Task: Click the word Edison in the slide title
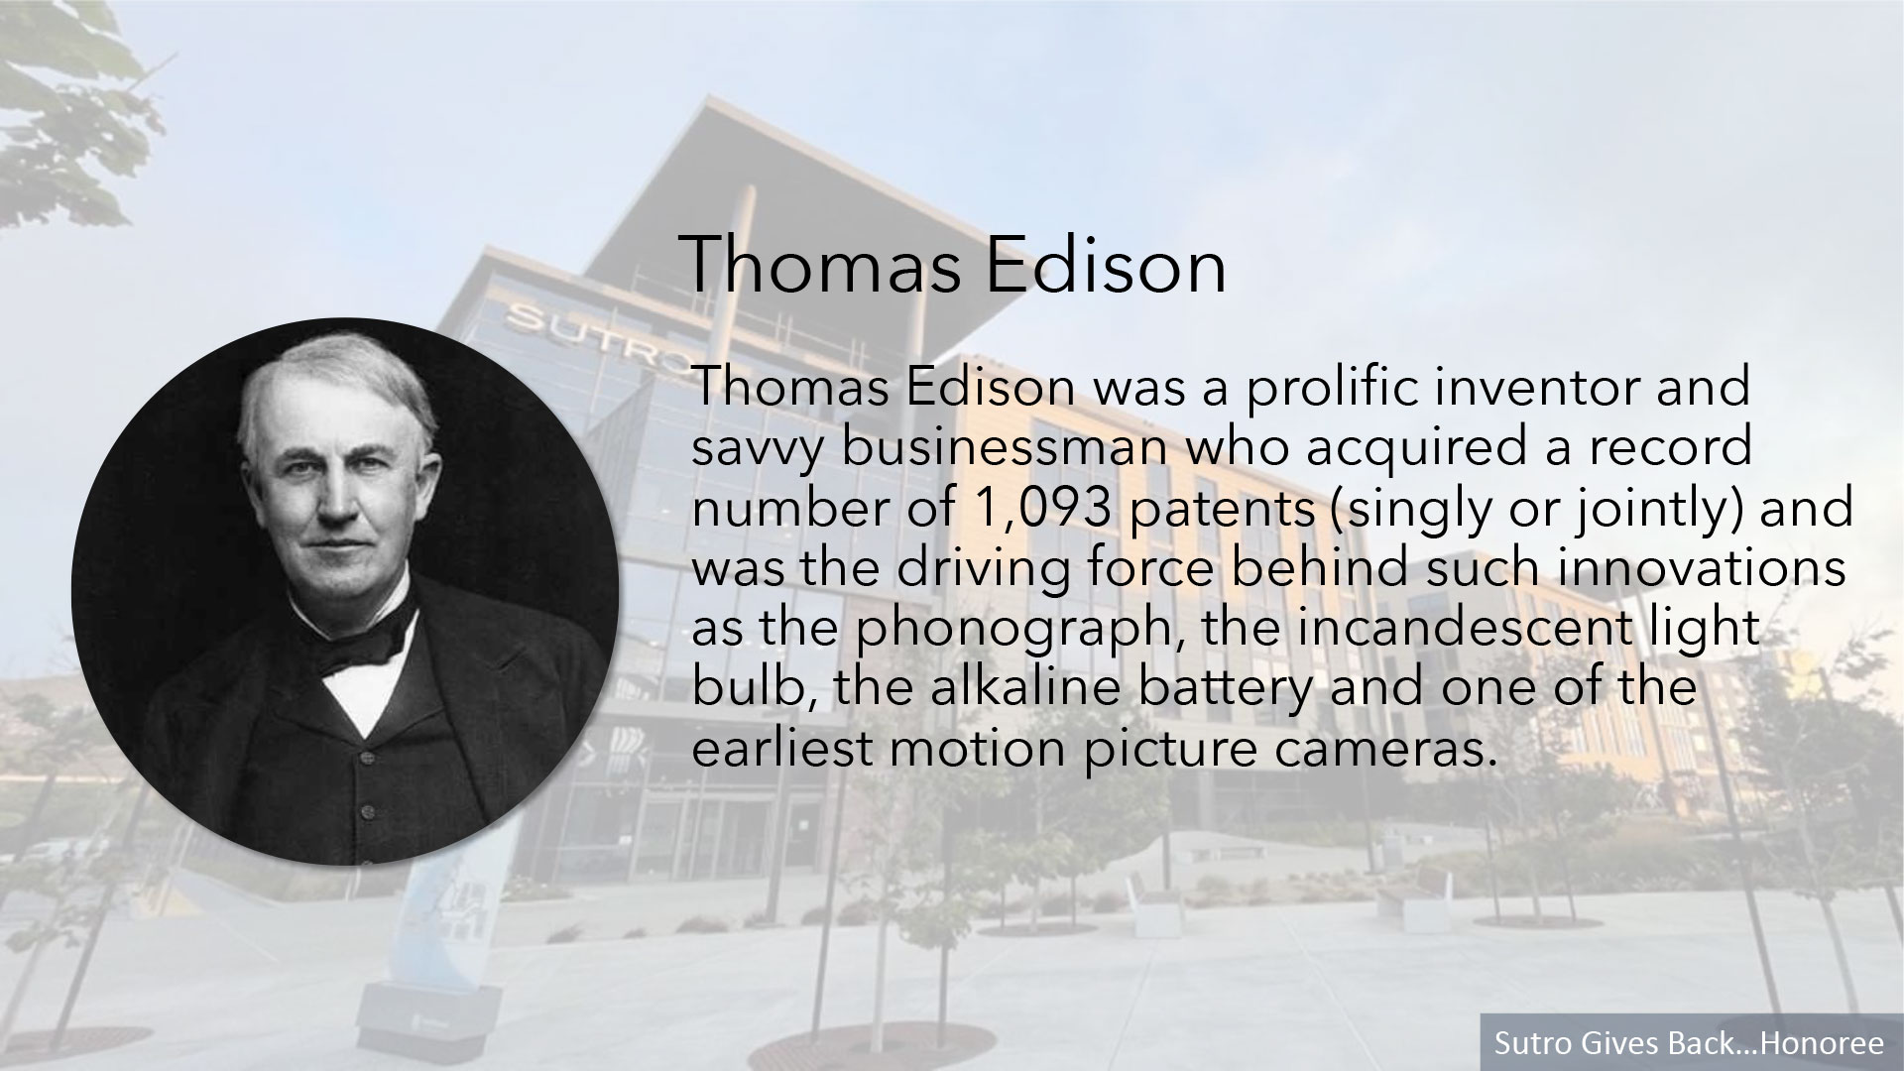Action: coord(1105,266)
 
